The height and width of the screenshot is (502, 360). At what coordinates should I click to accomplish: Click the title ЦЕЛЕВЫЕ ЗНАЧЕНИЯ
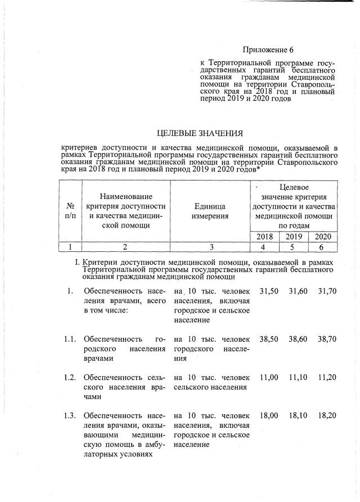point(200,133)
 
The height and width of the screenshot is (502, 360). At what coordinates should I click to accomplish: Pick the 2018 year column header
point(264,237)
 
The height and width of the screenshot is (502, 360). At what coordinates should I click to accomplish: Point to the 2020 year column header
point(323,237)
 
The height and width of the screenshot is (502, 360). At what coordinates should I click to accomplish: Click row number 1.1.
point(69,340)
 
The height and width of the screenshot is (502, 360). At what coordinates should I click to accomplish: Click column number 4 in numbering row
point(264,246)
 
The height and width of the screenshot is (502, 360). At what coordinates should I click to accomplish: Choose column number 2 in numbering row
point(126,246)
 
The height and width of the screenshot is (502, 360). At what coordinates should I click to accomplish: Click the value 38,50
point(269,340)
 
